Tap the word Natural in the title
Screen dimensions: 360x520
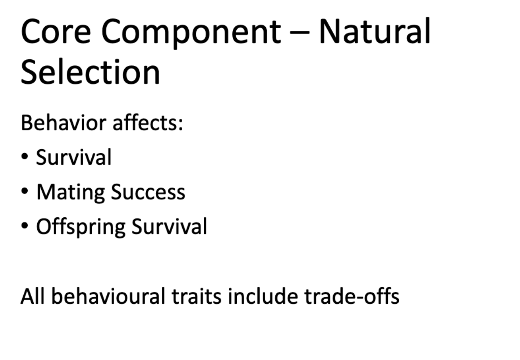[374, 32]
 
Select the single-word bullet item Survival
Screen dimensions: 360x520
[74, 157]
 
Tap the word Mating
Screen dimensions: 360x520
[70, 192]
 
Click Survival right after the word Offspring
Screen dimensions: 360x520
[169, 227]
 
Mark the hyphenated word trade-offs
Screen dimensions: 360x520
[351, 296]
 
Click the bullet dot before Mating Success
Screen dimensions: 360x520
[25, 192]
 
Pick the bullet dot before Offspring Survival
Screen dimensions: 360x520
[25, 227]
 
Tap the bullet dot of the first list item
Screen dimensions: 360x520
[25, 157]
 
